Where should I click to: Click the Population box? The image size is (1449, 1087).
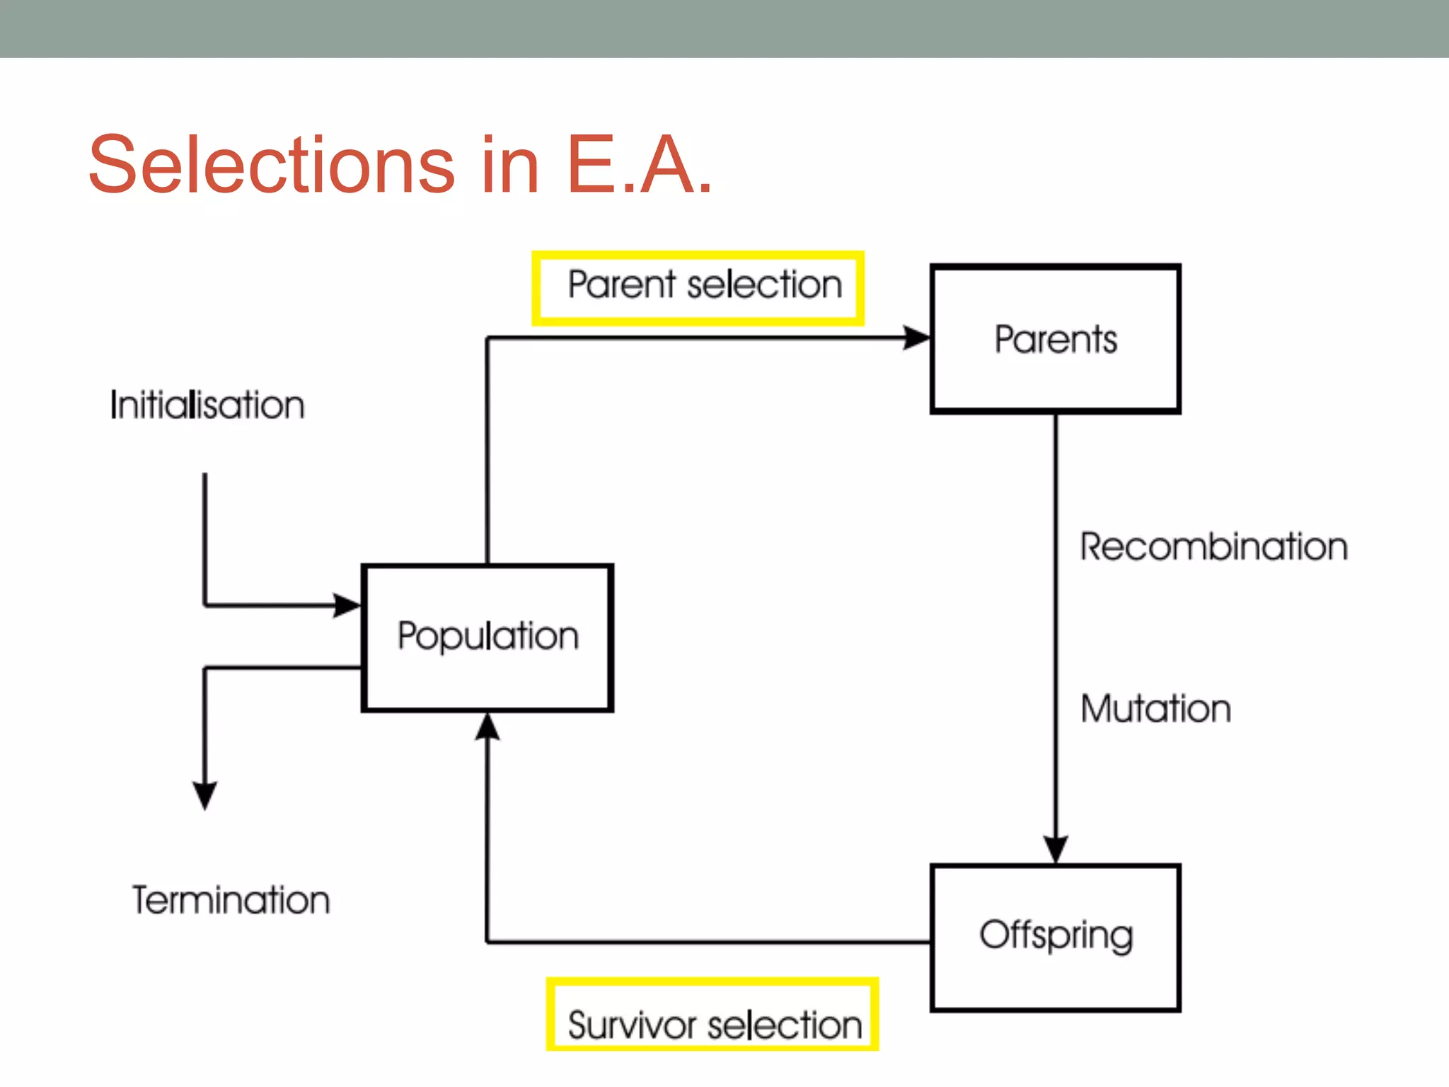pos(487,637)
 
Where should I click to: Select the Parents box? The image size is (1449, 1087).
pos(1056,339)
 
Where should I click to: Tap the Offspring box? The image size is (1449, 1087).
pos(1056,937)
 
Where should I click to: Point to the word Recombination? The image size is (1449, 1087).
pos(1213,547)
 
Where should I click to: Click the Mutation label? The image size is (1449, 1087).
pos(1155,708)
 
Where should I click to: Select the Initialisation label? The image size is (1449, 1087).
pos(207,406)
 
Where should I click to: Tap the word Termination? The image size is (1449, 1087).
pos(231,900)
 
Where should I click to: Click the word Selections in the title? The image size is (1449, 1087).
pos(272,165)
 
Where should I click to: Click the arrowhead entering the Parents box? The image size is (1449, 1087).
pos(917,338)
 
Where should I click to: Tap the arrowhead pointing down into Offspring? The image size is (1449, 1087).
pos(1056,849)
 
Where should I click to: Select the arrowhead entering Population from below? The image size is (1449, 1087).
pos(487,727)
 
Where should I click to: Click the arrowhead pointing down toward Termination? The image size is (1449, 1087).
pos(205,795)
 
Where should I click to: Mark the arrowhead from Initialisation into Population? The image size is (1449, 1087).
pos(347,605)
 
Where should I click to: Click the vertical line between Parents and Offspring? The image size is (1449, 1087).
pos(1056,623)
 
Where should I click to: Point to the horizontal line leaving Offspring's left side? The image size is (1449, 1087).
pos(708,942)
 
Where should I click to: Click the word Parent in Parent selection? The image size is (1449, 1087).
pos(623,285)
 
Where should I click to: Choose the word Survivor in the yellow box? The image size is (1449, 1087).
pos(633,1025)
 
